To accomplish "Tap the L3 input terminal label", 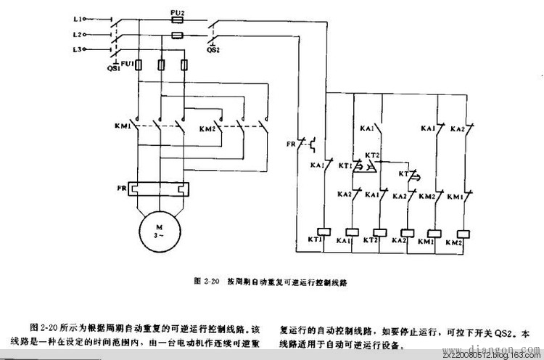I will click(76, 49).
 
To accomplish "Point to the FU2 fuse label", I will click(176, 13).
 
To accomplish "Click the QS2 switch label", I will click(213, 51).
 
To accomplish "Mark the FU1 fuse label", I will click(127, 63).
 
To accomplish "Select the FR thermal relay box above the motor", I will click(159, 189).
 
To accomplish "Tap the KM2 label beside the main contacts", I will click(208, 128).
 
